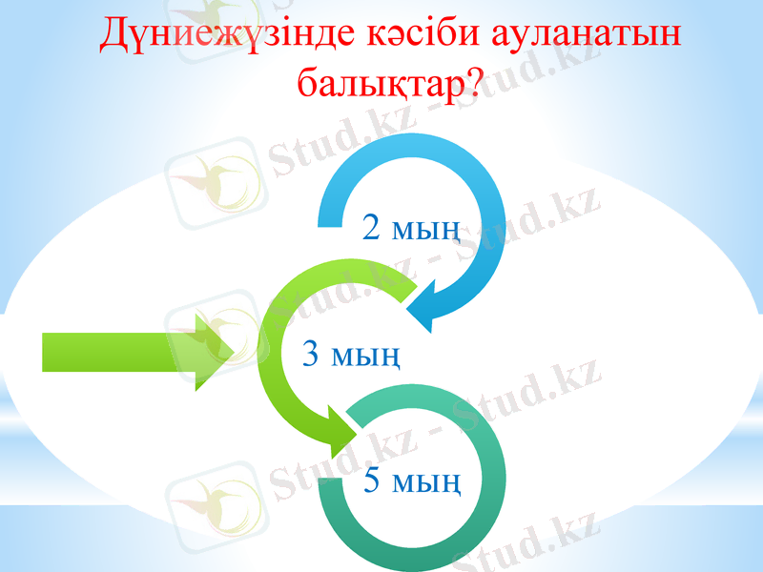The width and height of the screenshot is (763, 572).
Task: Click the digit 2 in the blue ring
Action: coord(374,227)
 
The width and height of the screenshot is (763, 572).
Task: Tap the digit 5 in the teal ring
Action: coord(374,481)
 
